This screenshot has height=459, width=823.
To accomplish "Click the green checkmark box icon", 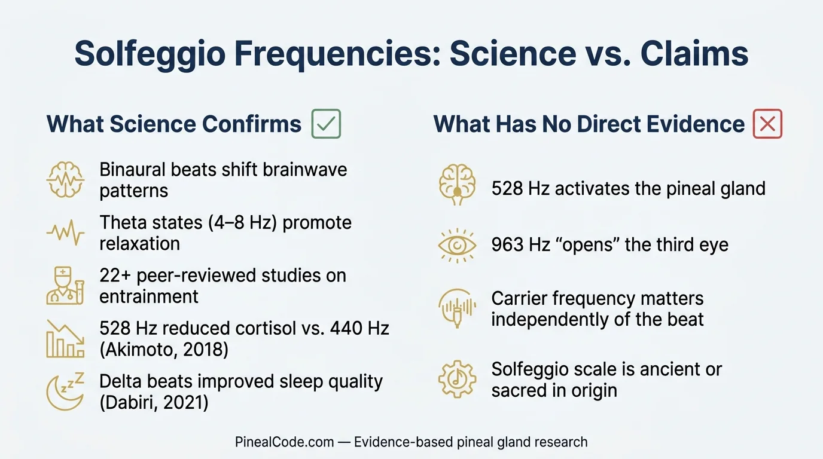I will point(326,124).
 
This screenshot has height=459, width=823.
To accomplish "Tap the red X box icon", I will point(767,124).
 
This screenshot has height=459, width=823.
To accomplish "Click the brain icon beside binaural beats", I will point(65,180).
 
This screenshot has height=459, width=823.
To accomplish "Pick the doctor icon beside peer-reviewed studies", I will point(65,286).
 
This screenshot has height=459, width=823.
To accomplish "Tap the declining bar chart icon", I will point(65,338).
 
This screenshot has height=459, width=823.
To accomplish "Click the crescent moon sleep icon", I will point(65,391).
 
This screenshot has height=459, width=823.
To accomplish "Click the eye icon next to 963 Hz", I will point(457,245).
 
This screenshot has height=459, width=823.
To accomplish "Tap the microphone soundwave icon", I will point(457,308).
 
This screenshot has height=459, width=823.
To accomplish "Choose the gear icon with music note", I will point(457,379).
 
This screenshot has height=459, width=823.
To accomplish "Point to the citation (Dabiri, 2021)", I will point(154,402).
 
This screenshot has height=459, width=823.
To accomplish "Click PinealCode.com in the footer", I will point(284,442).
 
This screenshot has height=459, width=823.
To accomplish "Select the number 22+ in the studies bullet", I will point(115,276).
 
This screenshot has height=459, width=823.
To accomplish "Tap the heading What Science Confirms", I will point(174,124).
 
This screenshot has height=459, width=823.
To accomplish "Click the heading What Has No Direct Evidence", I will point(589,124).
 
